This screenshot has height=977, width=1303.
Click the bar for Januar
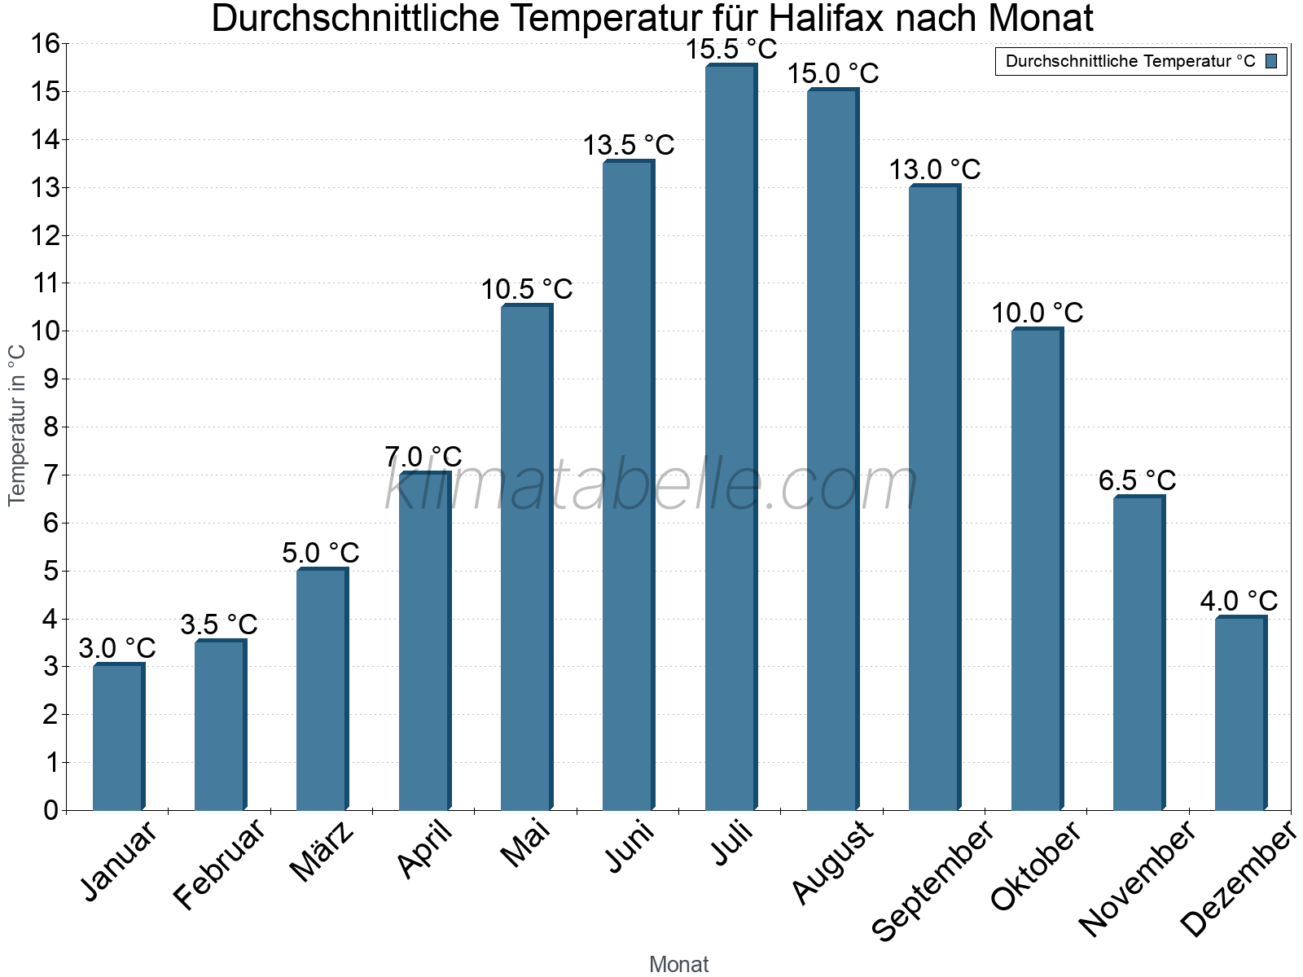[118, 738]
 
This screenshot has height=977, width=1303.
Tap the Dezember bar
[1240, 713]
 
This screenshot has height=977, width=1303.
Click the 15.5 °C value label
[730, 50]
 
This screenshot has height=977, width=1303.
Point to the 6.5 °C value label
[1137, 480]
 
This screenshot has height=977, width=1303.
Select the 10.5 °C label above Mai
[526, 289]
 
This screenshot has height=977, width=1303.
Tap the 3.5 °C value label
[218, 624]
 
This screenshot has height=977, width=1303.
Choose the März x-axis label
[322, 852]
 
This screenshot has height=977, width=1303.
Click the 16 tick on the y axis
[46, 44]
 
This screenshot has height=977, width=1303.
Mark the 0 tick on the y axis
[50, 810]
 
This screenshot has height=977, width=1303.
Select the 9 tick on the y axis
[50, 379]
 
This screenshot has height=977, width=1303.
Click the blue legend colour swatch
[1271, 61]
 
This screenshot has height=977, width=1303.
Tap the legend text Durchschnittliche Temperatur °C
[1130, 61]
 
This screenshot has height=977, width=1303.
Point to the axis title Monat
[678, 964]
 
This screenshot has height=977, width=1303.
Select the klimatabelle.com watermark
[651, 486]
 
